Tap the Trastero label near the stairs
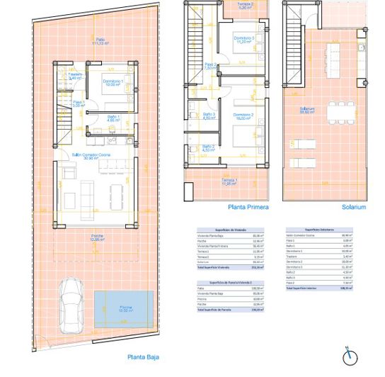(x=76, y=75)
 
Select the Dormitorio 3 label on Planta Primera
(x=244, y=40)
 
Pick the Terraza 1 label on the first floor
(x=228, y=181)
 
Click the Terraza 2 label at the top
(x=244, y=6)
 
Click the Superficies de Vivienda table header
(x=231, y=230)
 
